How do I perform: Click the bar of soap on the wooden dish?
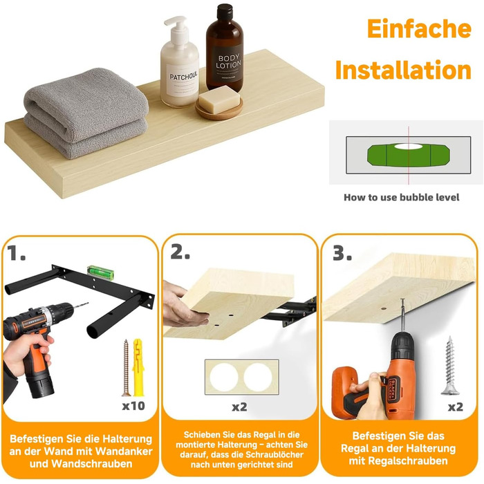pos(219,100)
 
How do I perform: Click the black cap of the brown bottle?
pos(225,12)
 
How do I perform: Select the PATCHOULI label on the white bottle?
pos(183,76)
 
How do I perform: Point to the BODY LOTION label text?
pos(228,62)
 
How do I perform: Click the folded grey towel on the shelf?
pos(86,113)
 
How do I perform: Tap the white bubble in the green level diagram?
pos(408,147)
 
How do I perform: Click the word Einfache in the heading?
pos(419,29)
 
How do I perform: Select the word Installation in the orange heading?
pos(403,70)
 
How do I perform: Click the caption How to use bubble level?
pos(401,197)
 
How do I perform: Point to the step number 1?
pos(16,253)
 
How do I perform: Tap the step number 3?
pos(342,253)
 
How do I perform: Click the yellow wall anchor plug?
pos(138,367)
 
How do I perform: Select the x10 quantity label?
pos(133,406)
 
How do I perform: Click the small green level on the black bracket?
pos(101,272)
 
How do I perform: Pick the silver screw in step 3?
pos(450,366)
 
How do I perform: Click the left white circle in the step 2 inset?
pos(224,378)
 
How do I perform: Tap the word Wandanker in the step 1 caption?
pos(124,451)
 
